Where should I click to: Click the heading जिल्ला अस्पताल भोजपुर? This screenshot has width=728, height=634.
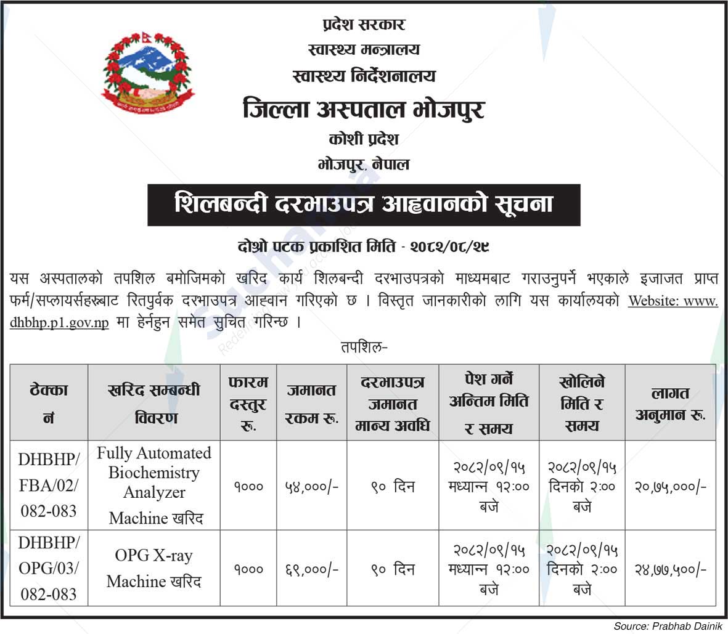[364, 110]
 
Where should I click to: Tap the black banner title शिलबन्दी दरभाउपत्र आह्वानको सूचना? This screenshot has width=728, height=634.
[364, 205]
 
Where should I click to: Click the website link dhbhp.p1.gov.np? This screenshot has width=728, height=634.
[59, 322]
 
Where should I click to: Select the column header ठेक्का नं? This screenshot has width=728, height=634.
[49, 403]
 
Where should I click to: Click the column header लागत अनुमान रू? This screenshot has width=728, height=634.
[671, 403]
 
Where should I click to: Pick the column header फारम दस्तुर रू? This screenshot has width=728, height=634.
[248, 403]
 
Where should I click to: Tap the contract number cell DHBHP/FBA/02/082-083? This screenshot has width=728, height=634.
[49, 485]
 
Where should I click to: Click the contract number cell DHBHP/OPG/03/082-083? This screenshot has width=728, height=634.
[49, 568]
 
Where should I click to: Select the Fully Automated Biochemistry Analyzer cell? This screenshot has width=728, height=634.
[154, 485]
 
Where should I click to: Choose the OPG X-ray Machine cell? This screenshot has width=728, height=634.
[154, 568]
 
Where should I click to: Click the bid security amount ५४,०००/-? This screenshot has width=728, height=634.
[312, 486]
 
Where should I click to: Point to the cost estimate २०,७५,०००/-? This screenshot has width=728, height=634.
[671, 486]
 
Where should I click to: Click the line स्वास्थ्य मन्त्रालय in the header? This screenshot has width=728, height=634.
[364, 50]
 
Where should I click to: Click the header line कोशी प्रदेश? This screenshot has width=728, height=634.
[364, 139]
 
